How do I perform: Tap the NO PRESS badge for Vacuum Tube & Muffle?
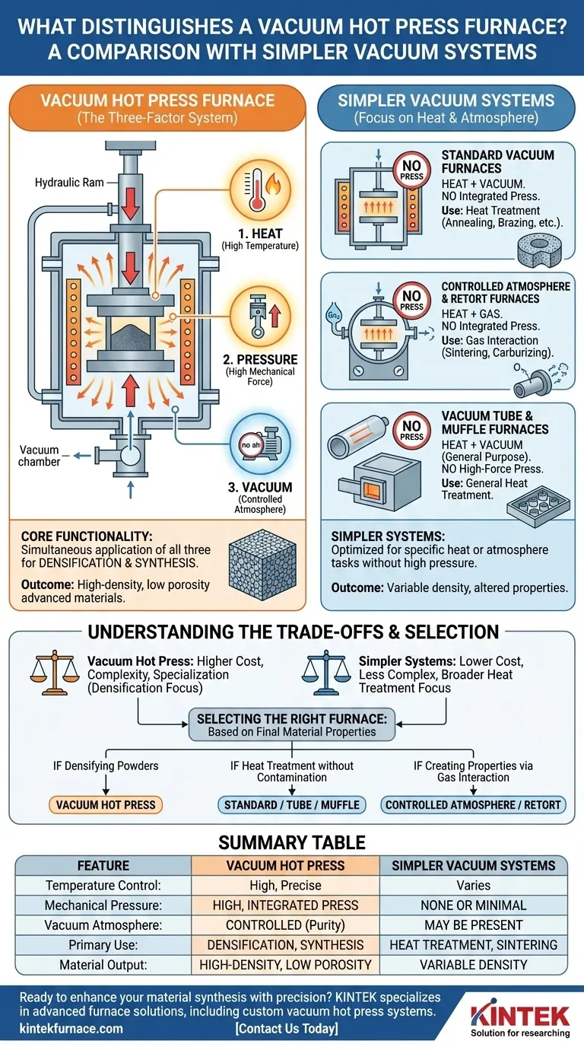click(411, 431)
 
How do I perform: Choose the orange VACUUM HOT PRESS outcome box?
click(106, 804)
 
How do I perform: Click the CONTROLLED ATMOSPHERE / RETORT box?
click(473, 804)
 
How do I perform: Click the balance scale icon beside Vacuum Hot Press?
click(54, 666)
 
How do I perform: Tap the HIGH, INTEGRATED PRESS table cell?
click(285, 905)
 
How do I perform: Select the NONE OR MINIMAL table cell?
click(473, 905)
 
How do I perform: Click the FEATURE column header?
click(103, 865)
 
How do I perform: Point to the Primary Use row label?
click(103, 944)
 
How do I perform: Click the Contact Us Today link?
click(287, 1029)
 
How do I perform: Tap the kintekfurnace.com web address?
click(71, 1029)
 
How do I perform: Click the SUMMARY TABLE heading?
click(292, 842)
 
